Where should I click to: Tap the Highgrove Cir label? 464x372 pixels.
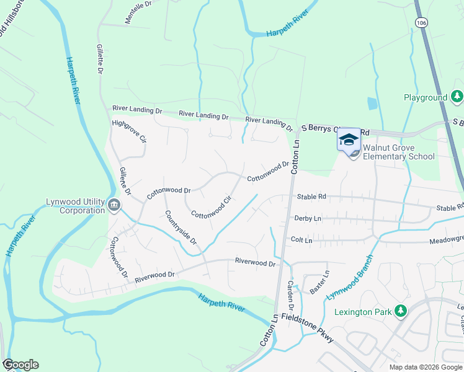click(128, 131)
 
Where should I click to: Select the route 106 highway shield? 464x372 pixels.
click(422, 22)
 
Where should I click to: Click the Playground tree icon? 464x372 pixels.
click(457, 97)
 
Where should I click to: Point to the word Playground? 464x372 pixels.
click(426, 98)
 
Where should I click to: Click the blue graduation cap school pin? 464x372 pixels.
click(349, 139)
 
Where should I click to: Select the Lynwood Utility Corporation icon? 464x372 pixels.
click(114, 204)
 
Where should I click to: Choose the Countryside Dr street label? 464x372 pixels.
click(181, 227)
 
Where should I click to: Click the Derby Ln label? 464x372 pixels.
click(309, 219)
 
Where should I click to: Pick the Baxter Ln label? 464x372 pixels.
click(324, 281)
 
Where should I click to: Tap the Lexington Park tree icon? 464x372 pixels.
click(401, 311)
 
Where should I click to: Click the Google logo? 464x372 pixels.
click(20, 365)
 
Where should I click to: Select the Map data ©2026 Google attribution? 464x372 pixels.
click(425, 367)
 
